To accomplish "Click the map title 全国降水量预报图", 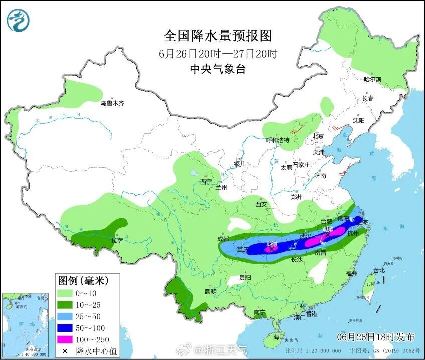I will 218,36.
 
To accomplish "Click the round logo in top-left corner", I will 18,20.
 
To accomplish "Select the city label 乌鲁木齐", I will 111,103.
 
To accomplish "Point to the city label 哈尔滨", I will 372,80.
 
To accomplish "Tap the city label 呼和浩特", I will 278,140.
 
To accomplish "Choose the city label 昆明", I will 210,292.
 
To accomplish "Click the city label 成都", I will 223,239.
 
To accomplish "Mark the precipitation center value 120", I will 273,243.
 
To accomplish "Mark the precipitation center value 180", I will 328,230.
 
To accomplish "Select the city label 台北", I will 379,270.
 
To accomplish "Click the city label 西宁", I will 206,182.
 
